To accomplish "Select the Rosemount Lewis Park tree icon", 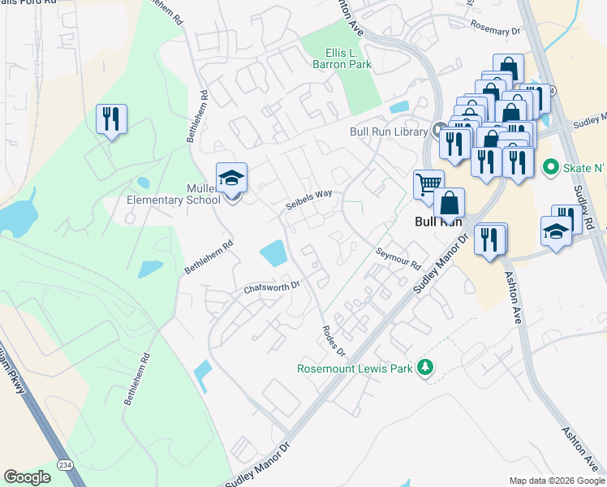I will click(x=424, y=368).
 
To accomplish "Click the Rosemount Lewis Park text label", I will click(x=354, y=368).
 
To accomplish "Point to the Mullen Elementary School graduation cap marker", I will click(x=231, y=179).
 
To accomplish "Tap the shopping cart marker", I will click(x=428, y=183).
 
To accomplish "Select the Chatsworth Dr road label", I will click(x=273, y=287).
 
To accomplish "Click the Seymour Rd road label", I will click(x=398, y=260).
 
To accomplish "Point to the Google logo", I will click(x=27, y=476).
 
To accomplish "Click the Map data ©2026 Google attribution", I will click(x=556, y=481).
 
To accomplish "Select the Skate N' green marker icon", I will click(x=550, y=167).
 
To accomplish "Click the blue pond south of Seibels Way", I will click(x=273, y=252).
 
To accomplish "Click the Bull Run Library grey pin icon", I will click(x=440, y=130).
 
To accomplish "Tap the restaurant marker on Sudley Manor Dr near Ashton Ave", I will click(x=489, y=239).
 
